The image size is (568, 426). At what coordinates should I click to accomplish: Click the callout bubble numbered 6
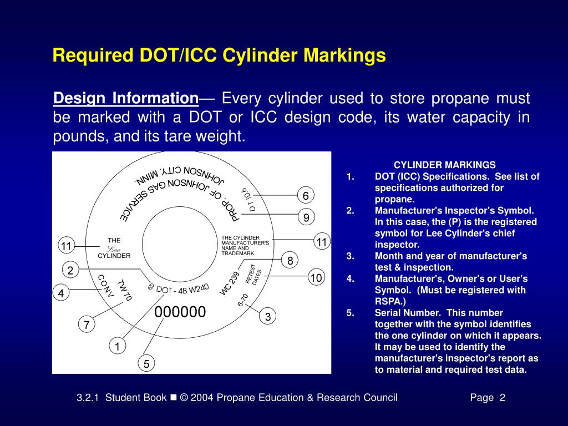tap(306, 196)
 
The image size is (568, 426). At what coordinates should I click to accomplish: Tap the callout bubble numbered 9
tap(306, 218)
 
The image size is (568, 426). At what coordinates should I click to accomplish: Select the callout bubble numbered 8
tap(290, 260)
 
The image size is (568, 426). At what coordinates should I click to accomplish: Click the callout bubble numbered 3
tap(268, 317)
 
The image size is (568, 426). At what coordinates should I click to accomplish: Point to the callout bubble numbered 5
tap(146, 364)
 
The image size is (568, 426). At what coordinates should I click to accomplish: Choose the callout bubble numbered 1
tap(117, 347)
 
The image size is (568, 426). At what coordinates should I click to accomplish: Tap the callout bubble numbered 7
tap(87, 325)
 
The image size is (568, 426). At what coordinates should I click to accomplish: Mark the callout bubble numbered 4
tap(61, 293)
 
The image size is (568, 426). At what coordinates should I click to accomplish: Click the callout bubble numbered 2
tap(70, 271)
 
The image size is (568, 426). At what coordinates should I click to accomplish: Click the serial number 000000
tap(180, 312)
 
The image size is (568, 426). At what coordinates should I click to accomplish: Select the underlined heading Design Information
tap(126, 99)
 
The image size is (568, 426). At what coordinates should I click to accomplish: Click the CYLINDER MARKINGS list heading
tap(445, 165)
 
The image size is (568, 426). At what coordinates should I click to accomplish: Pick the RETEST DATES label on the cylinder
tap(253, 274)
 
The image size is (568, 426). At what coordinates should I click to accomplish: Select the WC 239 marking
tap(230, 283)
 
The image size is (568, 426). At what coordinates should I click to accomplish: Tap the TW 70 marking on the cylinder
tap(125, 290)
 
